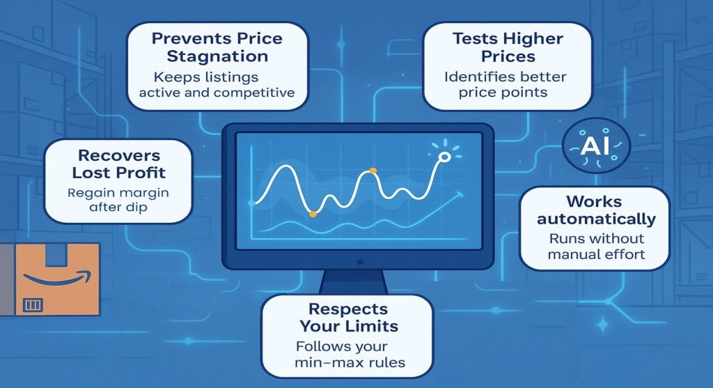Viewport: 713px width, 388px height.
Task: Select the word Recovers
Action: click(119, 155)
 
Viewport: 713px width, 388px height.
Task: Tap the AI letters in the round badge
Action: click(596, 147)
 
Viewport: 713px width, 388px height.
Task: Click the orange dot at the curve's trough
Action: click(312, 213)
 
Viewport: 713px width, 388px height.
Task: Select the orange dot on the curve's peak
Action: click(373, 171)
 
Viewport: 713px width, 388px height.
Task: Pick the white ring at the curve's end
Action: click(441, 158)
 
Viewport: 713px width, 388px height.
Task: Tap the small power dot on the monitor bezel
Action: click(359, 261)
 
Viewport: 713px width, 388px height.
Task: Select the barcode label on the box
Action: click(33, 304)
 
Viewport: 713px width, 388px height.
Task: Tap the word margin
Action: click(145, 192)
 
